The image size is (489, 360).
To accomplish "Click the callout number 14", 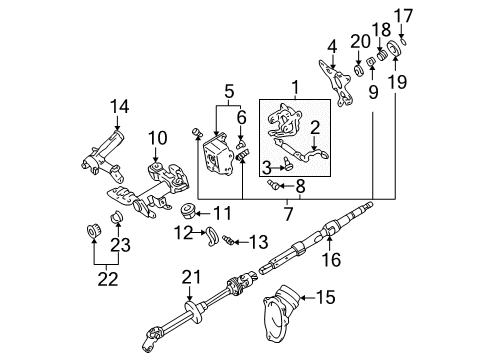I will click(119, 105).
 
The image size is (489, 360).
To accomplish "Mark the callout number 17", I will click(403, 14).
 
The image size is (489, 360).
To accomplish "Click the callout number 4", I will click(332, 44).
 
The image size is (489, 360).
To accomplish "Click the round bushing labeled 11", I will click(186, 212).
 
